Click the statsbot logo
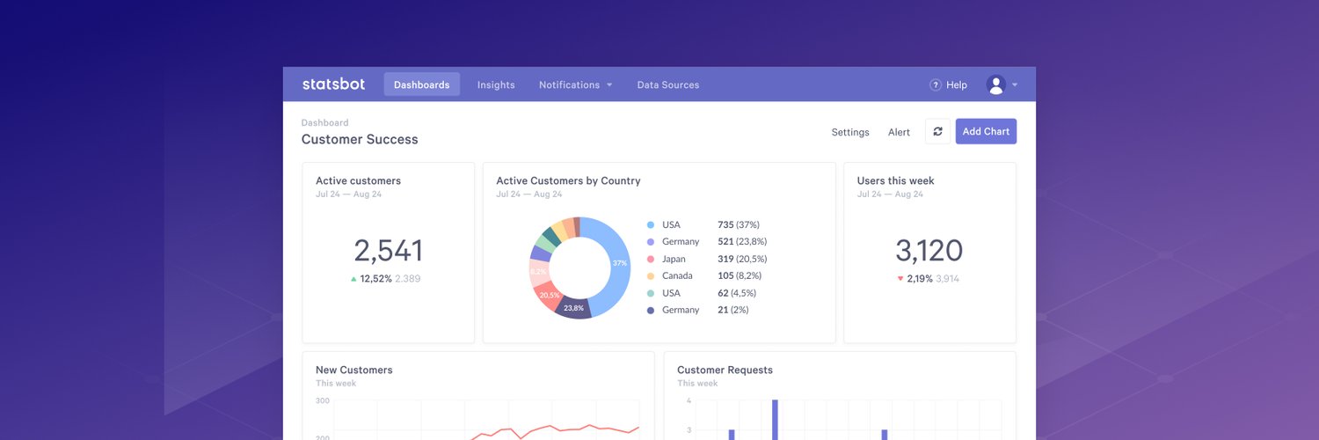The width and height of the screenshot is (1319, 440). pos(333,84)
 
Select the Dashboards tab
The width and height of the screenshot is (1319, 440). pos(421,84)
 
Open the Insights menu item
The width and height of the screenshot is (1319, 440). pos(496,84)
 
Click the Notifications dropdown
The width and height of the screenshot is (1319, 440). pos(575,84)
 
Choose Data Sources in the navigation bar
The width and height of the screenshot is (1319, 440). pos(668,84)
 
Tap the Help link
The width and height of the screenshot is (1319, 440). pos(949,84)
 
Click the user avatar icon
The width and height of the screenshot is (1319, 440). pos(995,84)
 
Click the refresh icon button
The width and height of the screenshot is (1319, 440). pos(937,131)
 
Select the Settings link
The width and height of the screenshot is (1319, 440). pos(850,132)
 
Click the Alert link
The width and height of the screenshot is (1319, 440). pos(899,132)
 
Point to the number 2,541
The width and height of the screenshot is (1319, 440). pos(388,251)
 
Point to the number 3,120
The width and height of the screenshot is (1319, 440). pos(929,251)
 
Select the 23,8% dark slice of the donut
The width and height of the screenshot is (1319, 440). pos(573,308)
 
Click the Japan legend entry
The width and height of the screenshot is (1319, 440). pos(673,259)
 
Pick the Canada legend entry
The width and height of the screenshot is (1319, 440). pos(677,275)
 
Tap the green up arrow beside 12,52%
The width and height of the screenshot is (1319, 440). pos(353,279)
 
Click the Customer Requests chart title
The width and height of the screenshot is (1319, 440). pos(725,370)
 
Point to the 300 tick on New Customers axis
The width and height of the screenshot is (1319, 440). pos(323,400)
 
